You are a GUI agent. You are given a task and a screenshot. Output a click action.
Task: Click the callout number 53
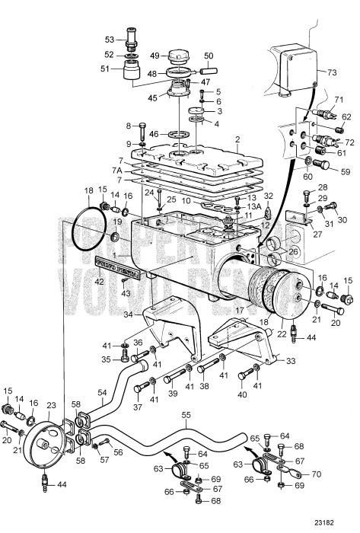pyautogui.click(x=110, y=39)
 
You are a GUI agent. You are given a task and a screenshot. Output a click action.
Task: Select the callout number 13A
pyautogui.click(x=256, y=206)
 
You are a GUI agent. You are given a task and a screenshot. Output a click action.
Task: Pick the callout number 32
pyautogui.click(x=268, y=196)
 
